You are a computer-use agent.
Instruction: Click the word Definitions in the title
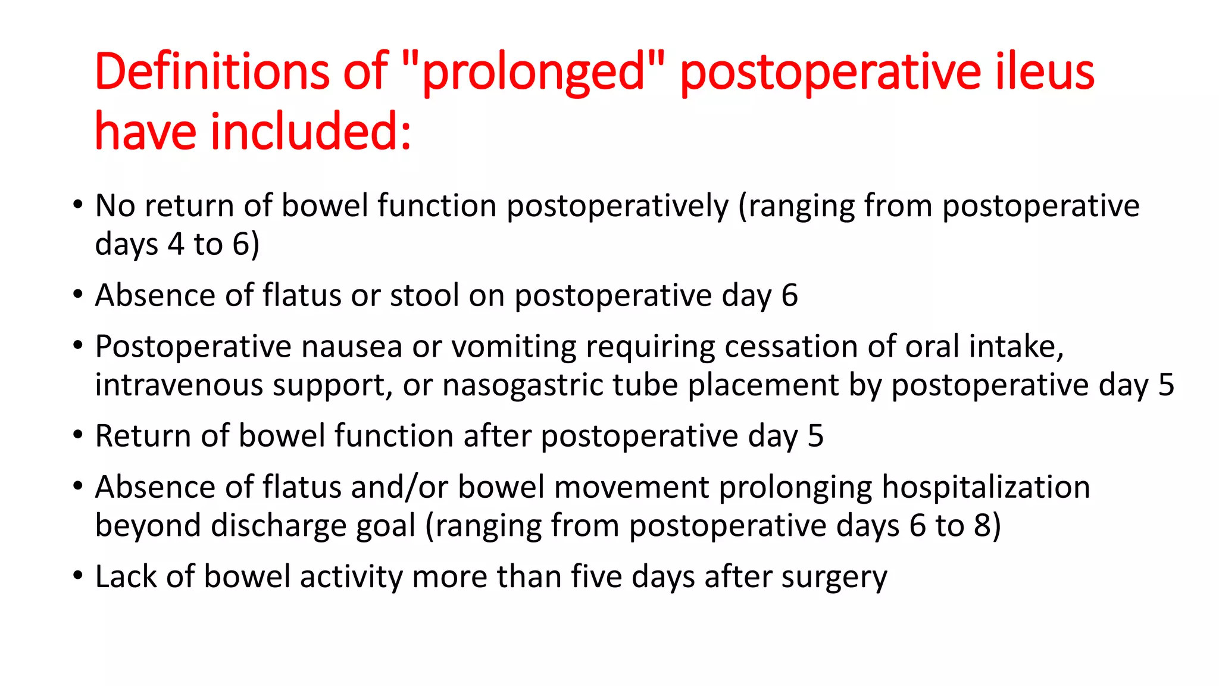[x=212, y=71]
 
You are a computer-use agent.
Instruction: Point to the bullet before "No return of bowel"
[x=78, y=205]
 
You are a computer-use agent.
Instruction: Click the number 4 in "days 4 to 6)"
[x=176, y=244]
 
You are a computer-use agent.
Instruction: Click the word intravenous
[x=179, y=385]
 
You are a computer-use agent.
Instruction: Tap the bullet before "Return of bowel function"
[x=78, y=435]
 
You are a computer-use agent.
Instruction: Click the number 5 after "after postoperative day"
[x=815, y=436]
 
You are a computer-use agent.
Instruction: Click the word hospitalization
[x=986, y=487]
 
